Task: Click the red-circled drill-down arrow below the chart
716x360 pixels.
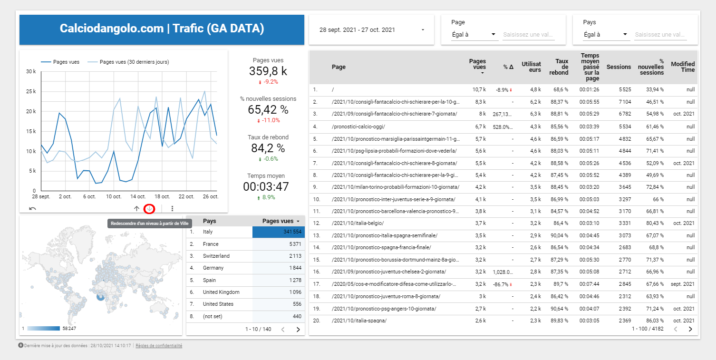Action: coord(150,208)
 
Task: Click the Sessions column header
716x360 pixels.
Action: coord(619,67)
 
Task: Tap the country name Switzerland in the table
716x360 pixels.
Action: coord(216,256)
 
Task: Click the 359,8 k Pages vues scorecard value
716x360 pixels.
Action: coord(268,71)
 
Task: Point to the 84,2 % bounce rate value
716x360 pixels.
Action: coord(268,148)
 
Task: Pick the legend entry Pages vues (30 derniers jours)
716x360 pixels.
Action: coord(134,62)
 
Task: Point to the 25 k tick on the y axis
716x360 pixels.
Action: coord(31,91)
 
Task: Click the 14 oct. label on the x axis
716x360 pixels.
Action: coord(138,196)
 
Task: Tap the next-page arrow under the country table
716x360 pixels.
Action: coord(298,329)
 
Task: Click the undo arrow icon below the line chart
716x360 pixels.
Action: coord(32,208)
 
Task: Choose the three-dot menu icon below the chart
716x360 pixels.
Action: coord(172,208)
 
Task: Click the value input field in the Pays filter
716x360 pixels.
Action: coord(660,35)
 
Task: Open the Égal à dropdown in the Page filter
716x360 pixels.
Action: coord(474,35)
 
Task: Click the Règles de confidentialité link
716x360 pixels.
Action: coord(159,346)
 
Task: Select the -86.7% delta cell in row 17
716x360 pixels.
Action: coord(503,284)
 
